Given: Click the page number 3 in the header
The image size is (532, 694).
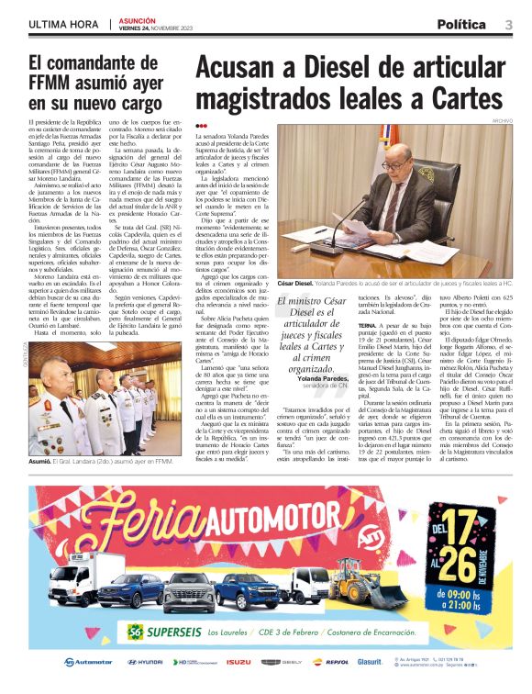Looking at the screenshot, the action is [x=508, y=24].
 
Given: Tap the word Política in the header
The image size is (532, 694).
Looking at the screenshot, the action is [x=462, y=24].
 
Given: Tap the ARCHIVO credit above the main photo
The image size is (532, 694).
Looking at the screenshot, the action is [x=501, y=119].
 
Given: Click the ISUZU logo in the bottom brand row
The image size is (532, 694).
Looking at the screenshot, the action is [x=238, y=662].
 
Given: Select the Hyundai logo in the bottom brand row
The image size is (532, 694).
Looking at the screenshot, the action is [x=144, y=662].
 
